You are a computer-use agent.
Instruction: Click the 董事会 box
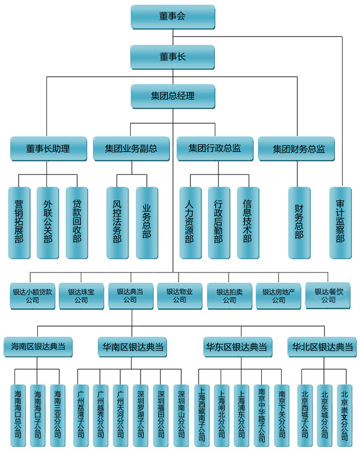point(172,16)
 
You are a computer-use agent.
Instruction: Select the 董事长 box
point(172,56)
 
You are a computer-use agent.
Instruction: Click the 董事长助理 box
point(48,149)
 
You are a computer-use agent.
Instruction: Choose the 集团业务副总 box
point(131,149)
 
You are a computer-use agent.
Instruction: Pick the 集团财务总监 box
point(299,149)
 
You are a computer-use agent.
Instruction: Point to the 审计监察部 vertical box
point(340,222)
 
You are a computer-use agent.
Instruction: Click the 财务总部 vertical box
point(299,222)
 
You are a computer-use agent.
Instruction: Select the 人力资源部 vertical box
point(189,222)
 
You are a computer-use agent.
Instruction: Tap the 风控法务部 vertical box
point(117,222)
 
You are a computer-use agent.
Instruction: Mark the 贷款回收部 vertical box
point(76,222)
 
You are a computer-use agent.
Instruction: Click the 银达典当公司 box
point(131,295)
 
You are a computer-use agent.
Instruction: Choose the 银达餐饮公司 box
point(329,295)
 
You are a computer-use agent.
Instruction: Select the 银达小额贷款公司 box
point(33,295)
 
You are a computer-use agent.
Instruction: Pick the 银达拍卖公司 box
point(229,295)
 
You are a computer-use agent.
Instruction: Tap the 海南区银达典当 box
point(38,347)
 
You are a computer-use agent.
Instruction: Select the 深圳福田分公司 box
point(160,414)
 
